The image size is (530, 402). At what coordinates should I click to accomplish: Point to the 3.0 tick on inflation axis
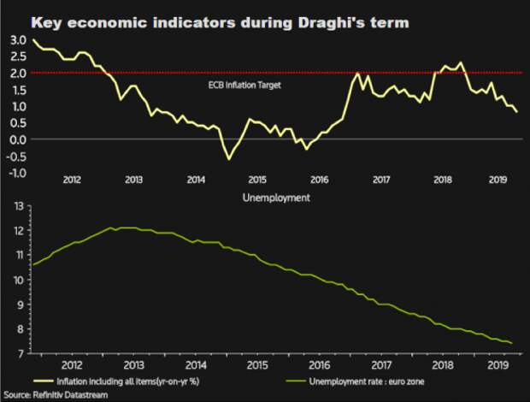pyautogui.click(x=18, y=40)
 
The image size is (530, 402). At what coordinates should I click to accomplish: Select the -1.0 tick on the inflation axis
pyautogui.click(x=16, y=173)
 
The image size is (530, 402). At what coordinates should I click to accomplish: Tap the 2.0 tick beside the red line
pyautogui.click(x=18, y=74)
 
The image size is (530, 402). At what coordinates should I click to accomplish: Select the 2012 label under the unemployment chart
pyautogui.click(x=72, y=364)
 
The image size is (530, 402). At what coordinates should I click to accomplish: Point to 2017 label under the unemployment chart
pyautogui.click(x=380, y=364)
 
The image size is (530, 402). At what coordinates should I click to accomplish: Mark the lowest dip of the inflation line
pyautogui.click(x=228, y=158)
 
